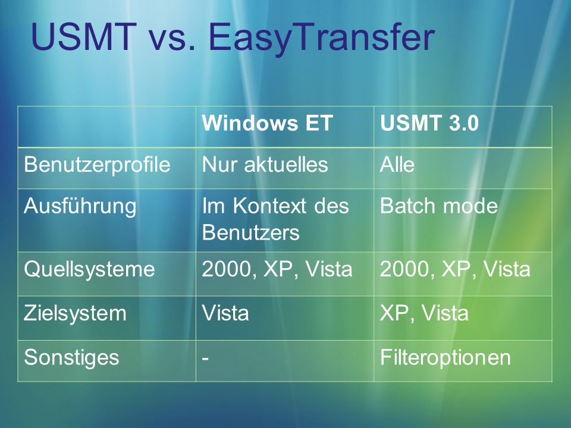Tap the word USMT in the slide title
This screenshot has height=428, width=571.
84,37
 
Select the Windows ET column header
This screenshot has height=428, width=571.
267,123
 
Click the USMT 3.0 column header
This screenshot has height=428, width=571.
429,123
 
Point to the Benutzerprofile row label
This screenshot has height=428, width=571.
97,165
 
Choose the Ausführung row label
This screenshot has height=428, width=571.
80,206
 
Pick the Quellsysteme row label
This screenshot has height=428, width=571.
90,270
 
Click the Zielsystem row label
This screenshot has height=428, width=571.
75,314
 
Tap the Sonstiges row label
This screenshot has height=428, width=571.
71,358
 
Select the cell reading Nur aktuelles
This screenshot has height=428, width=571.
265,165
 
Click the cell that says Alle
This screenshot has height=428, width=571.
397,165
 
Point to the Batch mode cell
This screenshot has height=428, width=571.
439,206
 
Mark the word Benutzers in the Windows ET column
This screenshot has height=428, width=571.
251,232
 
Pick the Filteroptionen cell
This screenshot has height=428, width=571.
445,357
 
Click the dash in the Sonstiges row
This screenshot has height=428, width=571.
205,358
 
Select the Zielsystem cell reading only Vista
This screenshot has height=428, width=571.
226,313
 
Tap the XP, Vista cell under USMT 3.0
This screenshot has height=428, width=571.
424,313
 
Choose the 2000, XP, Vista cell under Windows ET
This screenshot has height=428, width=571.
277,269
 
